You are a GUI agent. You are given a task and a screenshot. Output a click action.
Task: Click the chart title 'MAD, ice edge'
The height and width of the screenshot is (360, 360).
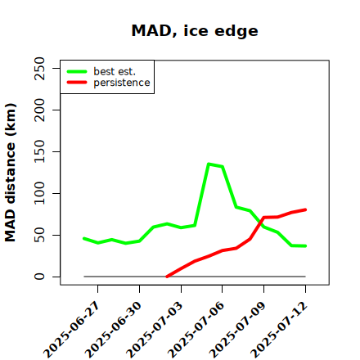195,30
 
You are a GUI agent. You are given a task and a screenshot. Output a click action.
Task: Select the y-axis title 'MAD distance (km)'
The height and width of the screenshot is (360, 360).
11,173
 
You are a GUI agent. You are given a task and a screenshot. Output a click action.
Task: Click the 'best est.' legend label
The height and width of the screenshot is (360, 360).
115,71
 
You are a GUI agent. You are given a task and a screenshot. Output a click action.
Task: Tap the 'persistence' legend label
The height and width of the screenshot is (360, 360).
122,83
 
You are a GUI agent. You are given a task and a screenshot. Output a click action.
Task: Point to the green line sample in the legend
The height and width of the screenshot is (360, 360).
77,71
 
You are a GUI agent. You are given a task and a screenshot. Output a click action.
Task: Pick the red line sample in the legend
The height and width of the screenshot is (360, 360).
77,83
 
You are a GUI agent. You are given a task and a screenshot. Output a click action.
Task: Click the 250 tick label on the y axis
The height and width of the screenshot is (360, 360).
39,68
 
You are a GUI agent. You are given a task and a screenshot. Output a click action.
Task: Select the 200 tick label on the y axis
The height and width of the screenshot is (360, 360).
39,110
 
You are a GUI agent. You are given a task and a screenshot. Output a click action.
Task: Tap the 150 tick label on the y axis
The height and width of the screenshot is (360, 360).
39,151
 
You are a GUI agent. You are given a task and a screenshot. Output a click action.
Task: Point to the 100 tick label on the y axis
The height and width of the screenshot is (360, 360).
39,193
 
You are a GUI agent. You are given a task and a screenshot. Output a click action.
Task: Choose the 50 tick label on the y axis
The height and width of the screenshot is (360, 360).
39,235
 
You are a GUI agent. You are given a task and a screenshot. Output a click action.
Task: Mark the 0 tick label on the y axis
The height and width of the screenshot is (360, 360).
39,277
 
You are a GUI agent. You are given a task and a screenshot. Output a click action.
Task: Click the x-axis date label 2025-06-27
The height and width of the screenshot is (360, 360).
72,330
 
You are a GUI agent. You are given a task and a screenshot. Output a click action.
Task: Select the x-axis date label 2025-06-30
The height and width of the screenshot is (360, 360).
114,330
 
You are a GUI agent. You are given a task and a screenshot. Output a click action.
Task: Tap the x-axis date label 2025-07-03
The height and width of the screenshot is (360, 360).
155,330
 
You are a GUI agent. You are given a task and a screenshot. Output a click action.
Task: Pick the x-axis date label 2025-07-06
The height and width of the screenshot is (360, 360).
196,330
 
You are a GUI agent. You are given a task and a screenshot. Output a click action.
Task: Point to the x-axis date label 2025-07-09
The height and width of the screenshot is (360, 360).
238,330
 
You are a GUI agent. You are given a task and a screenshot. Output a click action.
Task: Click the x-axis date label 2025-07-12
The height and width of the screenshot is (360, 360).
279,330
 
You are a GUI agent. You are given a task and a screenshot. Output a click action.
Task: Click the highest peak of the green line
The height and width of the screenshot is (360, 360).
209,164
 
